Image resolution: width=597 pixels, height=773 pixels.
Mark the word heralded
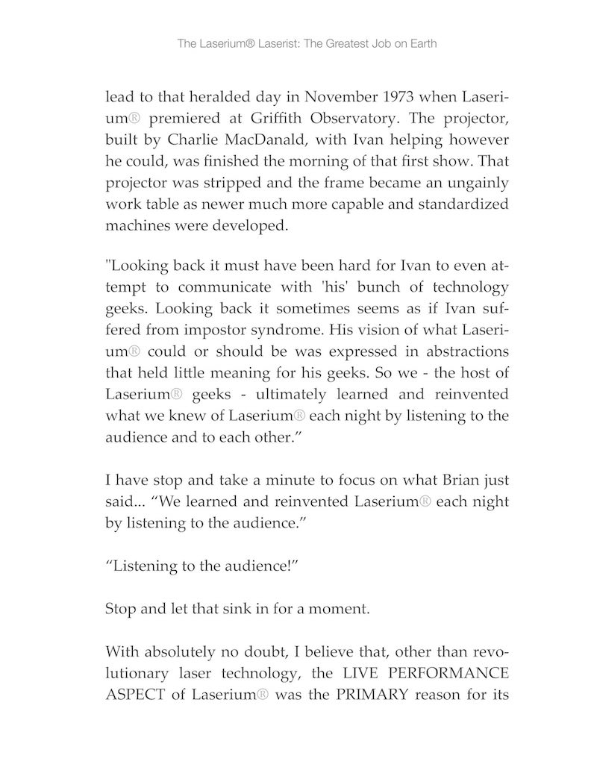pos(203,98)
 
